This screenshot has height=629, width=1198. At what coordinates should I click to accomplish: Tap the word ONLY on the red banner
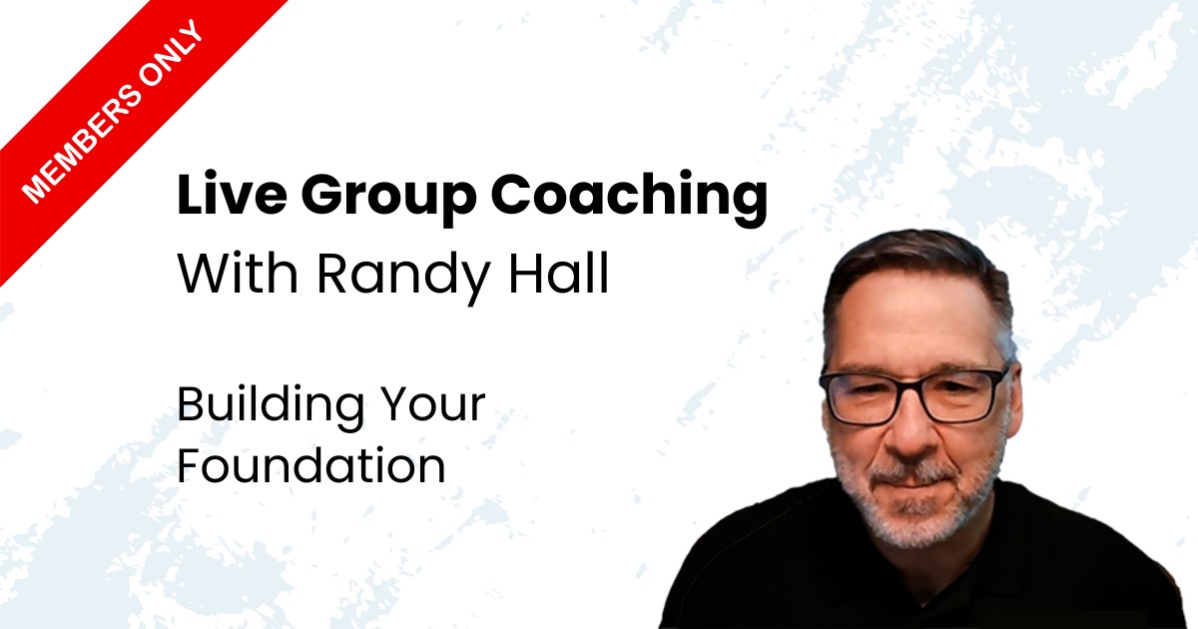tap(170, 55)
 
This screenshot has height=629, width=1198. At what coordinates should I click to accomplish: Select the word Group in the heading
tap(388, 199)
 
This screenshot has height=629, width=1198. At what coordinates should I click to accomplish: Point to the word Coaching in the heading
tap(630, 198)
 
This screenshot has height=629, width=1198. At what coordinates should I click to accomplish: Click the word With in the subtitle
tap(238, 273)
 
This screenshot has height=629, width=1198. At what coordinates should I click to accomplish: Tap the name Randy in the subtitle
tap(403, 279)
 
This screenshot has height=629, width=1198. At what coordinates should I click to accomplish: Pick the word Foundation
tap(311, 465)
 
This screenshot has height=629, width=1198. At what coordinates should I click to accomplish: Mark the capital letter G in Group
tap(325, 194)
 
